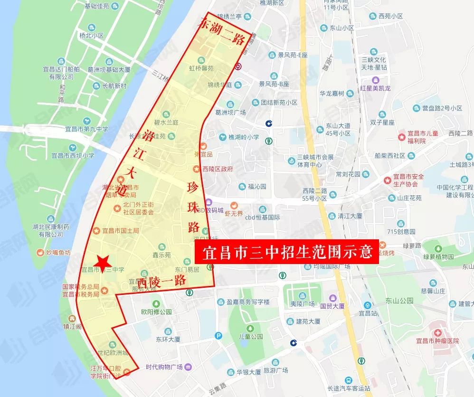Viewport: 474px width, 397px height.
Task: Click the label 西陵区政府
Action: pos(217,169)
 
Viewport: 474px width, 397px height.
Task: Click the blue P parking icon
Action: pos(218,336)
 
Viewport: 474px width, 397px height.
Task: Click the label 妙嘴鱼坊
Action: pos(57,252)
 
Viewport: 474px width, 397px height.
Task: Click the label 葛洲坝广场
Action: pos(230,113)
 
